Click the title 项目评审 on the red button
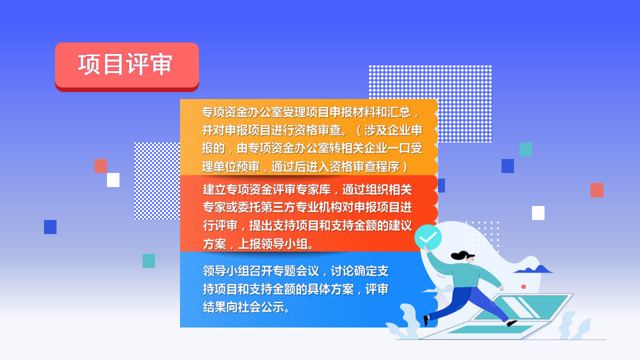click(x=125, y=64)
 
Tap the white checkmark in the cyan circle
click(x=428, y=237)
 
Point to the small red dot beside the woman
click(x=523, y=286)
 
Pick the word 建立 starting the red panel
click(x=214, y=189)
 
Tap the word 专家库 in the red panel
click(x=313, y=189)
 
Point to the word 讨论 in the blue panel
click(x=342, y=271)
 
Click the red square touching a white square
click(x=100, y=166)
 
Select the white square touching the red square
click(x=113, y=180)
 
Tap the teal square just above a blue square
click(x=525, y=149)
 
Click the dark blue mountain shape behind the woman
click(x=533, y=269)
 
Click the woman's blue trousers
click(x=468, y=303)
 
